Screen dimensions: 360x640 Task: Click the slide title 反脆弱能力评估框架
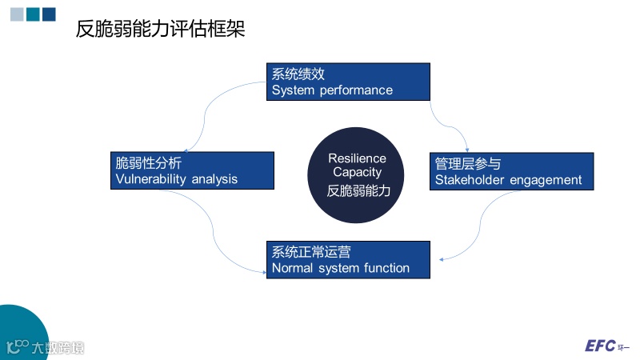point(159,30)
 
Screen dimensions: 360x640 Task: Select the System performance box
point(348,82)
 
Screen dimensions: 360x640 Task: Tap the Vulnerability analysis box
point(192,170)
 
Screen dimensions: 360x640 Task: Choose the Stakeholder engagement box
point(511,171)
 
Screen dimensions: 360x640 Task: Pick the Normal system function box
point(348,260)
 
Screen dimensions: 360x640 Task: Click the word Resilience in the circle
point(357,158)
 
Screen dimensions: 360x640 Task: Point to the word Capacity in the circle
point(357,172)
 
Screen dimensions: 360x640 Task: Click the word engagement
point(548,180)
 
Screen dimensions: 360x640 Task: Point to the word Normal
point(292,268)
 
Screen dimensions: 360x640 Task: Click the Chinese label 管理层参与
point(468,163)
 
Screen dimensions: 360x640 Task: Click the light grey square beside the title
point(16,14)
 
